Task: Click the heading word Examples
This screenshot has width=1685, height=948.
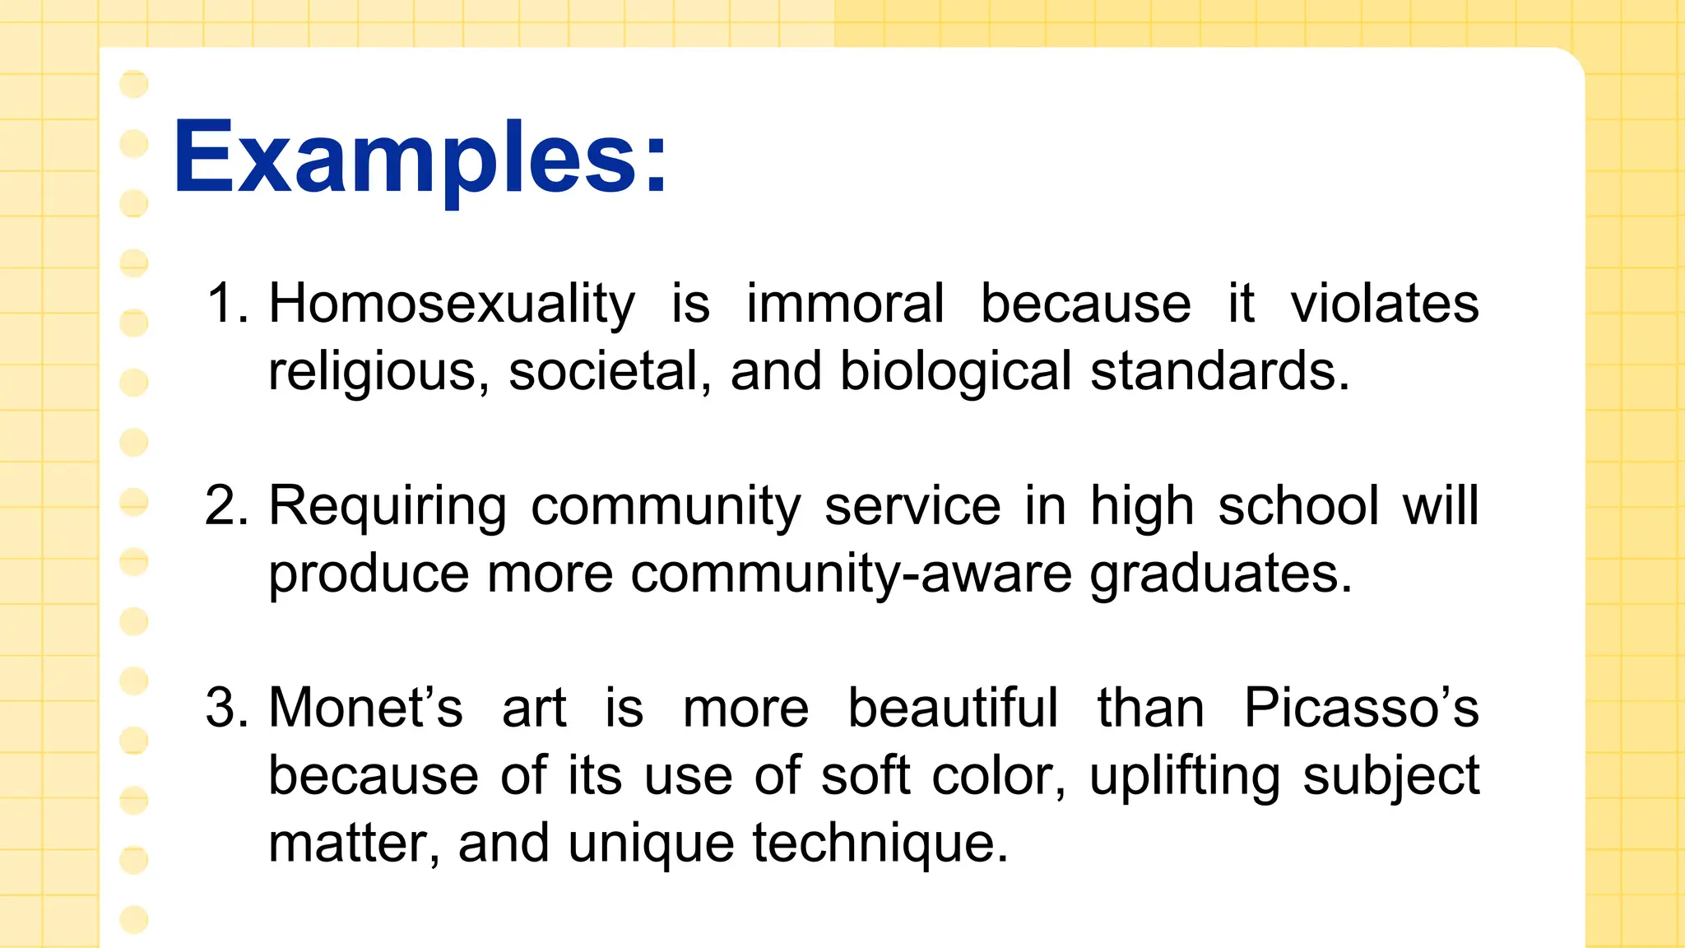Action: [x=420, y=158]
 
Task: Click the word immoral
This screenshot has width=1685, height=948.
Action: [x=845, y=304]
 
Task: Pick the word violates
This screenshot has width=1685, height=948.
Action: [x=1385, y=304]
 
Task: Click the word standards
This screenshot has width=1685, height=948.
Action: [x=1219, y=371]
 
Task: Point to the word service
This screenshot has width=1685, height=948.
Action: [x=912, y=505]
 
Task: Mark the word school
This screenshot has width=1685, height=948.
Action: [x=1298, y=505]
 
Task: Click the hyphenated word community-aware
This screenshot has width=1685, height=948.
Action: [x=852, y=574]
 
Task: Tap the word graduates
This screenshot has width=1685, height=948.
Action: [x=1221, y=574]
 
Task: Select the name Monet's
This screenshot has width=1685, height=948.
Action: [x=366, y=708]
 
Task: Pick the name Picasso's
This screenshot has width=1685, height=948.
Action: [x=1361, y=708]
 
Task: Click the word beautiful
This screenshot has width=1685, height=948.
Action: [x=953, y=708]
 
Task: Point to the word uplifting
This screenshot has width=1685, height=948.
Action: [x=1185, y=777]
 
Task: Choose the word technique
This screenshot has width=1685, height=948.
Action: [x=880, y=844]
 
